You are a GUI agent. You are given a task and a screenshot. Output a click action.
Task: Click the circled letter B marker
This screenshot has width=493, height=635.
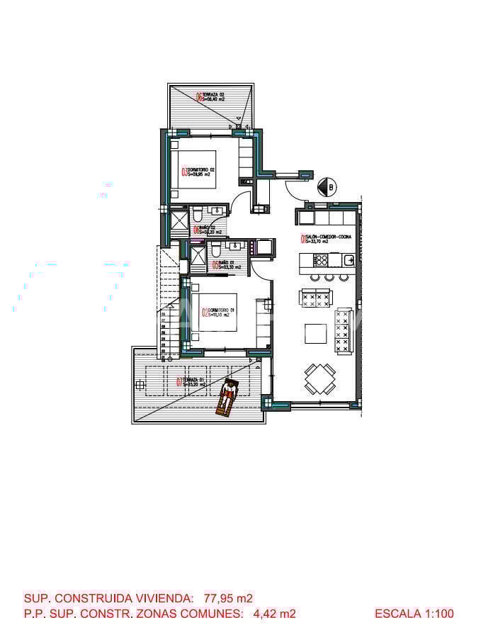327,187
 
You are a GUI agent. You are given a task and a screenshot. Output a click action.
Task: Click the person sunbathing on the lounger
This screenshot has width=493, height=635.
228,395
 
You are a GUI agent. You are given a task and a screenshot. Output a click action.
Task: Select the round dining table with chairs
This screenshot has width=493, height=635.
320,378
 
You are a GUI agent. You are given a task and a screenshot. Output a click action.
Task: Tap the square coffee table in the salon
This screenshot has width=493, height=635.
315,333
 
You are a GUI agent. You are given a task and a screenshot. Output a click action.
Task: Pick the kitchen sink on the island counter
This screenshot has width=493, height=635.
348,260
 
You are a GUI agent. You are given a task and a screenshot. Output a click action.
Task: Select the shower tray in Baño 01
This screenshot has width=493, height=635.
198,254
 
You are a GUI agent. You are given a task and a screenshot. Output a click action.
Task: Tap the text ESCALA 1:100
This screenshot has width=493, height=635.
414,614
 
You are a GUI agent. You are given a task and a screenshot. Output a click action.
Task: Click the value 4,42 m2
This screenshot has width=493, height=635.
274,614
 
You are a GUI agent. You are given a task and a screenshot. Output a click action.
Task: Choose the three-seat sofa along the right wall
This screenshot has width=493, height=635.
344,330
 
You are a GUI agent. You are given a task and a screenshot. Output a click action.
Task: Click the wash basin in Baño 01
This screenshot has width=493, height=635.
237,247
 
